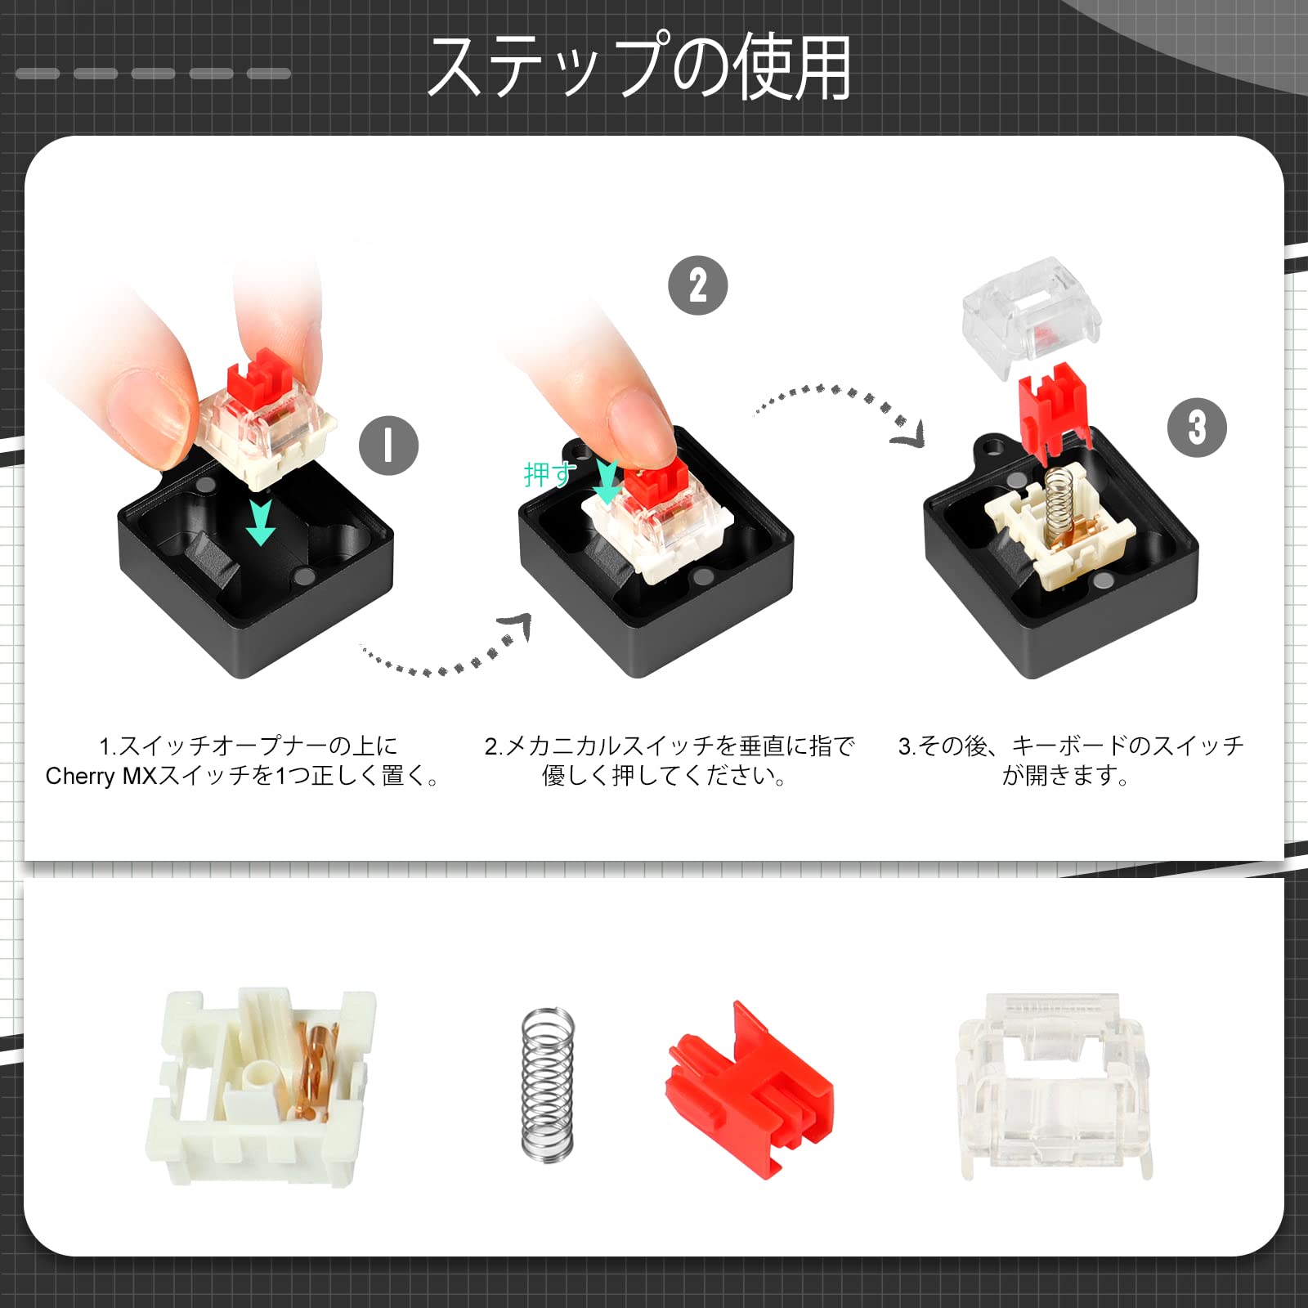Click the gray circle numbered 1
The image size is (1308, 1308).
[x=388, y=446]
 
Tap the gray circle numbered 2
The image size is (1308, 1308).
[x=697, y=285]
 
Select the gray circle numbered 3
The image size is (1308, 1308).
[x=1197, y=427]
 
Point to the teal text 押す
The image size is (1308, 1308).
[x=549, y=474]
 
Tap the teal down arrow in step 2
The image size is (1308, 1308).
[x=607, y=482]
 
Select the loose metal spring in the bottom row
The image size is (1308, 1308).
[x=547, y=1083]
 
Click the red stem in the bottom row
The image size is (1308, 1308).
[x=748, y=1079]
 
